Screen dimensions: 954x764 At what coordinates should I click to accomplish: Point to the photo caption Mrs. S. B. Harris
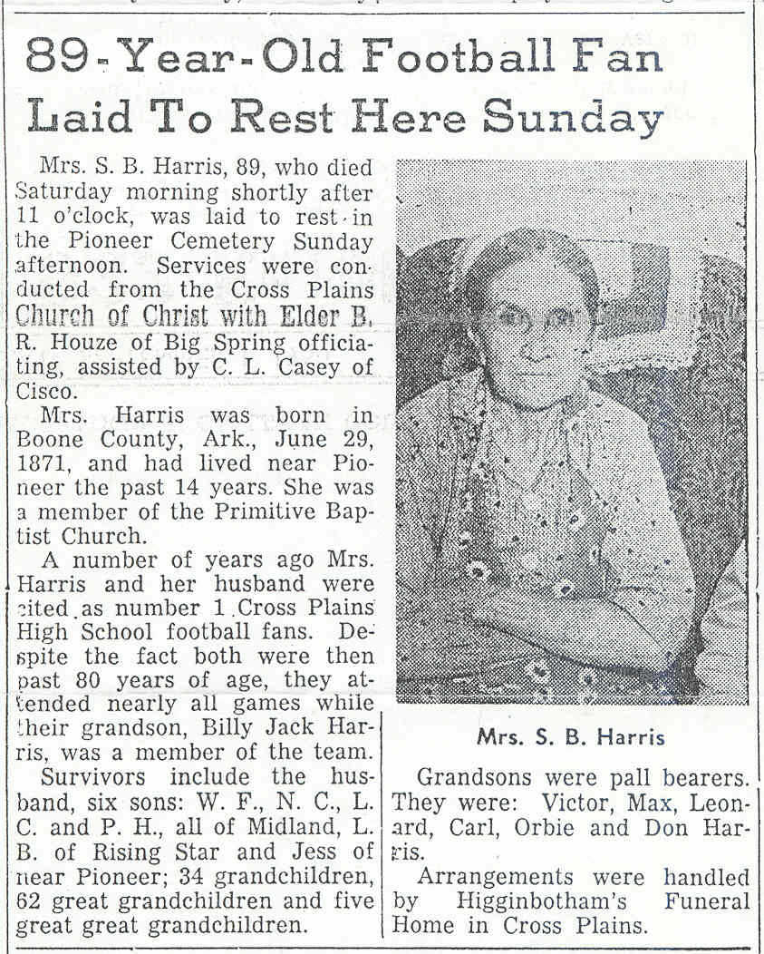[570, 737]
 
